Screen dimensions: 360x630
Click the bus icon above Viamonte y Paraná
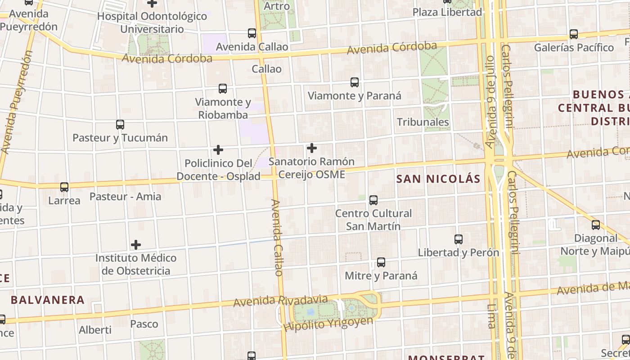click(355, 82)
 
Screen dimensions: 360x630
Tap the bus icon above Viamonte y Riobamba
click(223, 89)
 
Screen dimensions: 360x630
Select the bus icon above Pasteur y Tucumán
click(120, 125)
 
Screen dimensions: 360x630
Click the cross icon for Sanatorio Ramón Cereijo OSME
click(311, 148)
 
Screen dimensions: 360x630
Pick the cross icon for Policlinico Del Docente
click(218, 149)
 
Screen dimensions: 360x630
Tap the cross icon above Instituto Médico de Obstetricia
click(136, 245)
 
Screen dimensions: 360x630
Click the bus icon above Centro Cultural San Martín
click(373, 200)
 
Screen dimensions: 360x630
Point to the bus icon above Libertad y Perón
click(459, 239)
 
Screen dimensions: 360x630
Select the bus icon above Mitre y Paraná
click(381, 262)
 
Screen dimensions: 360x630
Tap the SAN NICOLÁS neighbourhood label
click(438, 179)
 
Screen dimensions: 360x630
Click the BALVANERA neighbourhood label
click(47, 300)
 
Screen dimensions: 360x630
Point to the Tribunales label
click(423, 122)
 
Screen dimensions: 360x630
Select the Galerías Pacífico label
click(574, 47)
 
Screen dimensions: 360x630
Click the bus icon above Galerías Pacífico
click(574, 34)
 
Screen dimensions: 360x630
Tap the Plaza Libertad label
click(447, 12)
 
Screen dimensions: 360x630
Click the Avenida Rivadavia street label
click(280, 301)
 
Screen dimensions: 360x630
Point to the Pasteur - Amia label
click(125, 196)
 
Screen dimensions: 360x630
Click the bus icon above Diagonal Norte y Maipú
click(596, 225)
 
